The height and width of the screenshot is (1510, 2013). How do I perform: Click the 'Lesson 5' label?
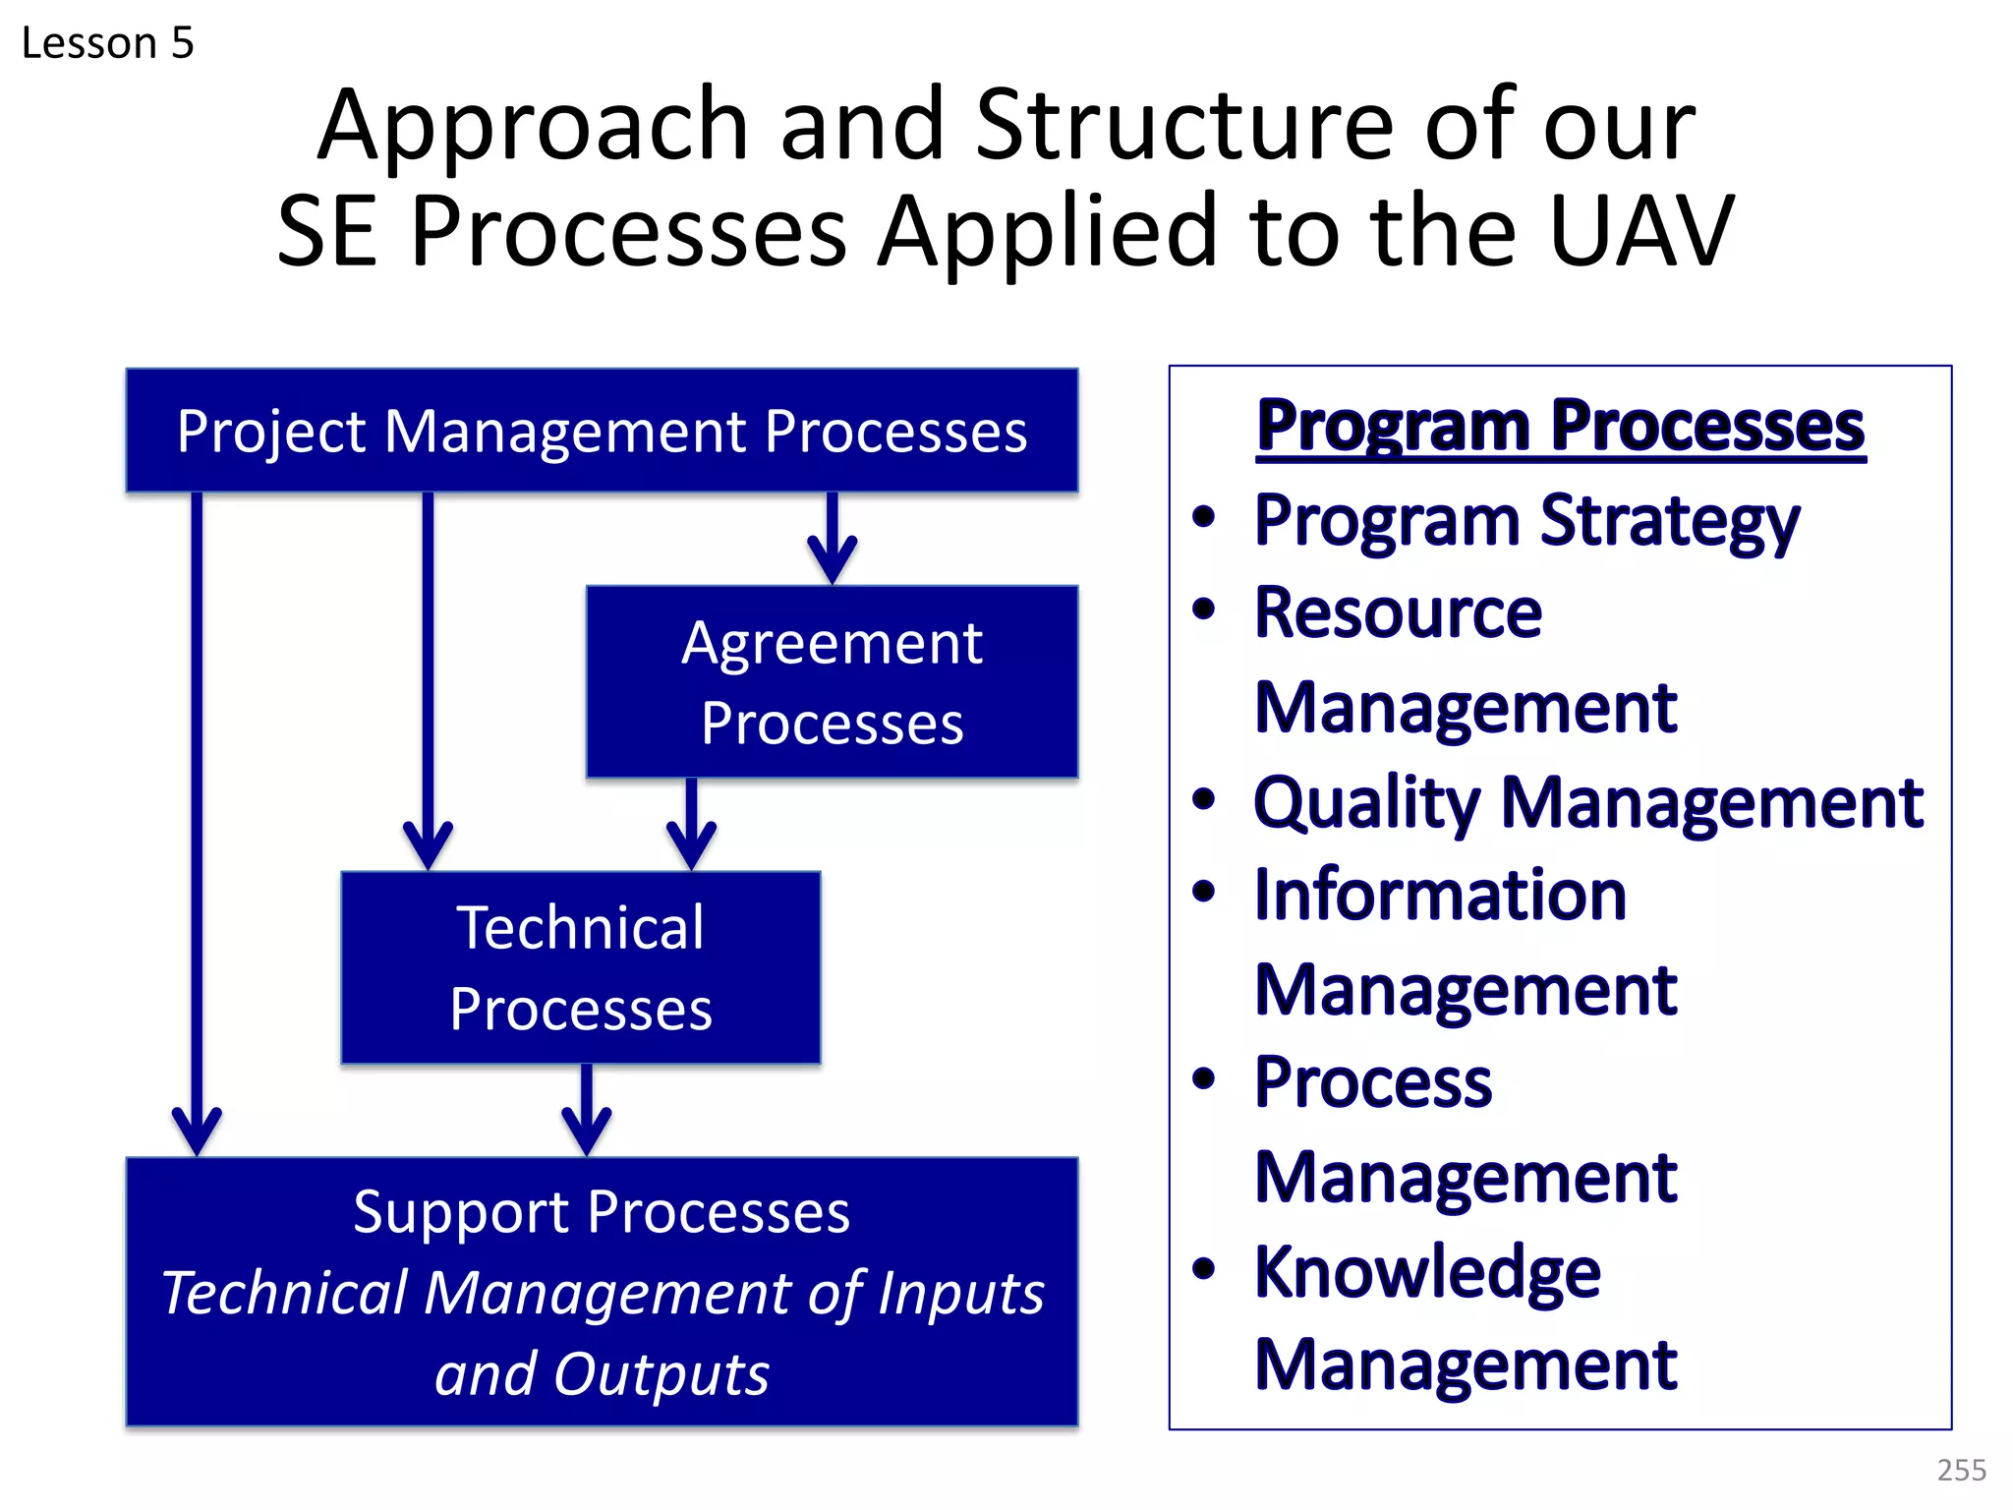(107, 43)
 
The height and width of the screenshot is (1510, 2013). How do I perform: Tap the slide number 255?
(1961, 1470)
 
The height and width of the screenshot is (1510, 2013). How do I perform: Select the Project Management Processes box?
(602, 432)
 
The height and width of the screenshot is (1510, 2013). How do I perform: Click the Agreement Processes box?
(832, 682)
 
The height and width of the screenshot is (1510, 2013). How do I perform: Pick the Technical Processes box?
(580, 967)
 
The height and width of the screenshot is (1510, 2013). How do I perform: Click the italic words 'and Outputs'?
(602, 1373)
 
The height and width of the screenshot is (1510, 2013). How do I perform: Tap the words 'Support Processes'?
(602, 1211)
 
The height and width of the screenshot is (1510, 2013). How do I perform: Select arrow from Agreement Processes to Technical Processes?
(691, 826)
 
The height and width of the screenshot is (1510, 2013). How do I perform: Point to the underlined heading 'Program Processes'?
(1560, 427)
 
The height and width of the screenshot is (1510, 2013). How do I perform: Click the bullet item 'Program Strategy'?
(1526, 520)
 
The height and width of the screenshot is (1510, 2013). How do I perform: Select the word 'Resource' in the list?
(1398, 613)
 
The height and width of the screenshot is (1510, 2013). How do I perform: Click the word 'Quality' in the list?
(1366, 803)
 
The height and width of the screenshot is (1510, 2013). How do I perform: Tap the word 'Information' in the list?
(1440, 895)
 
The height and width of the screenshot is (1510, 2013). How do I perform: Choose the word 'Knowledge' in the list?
(1427, 1271)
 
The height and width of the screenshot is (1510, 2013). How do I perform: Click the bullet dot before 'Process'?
(1203, 1079)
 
